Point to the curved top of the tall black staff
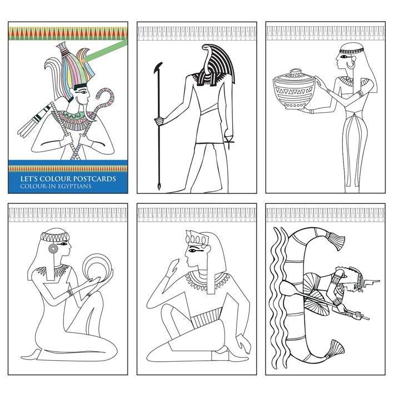[158, 67]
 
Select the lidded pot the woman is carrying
[293, 90]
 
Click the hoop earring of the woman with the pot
[351, 64]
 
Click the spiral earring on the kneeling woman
[53, 249]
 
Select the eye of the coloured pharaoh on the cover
[83, 92]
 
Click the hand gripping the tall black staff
[159, 122]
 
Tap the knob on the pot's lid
[296, 71]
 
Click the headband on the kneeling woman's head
[54, 236]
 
